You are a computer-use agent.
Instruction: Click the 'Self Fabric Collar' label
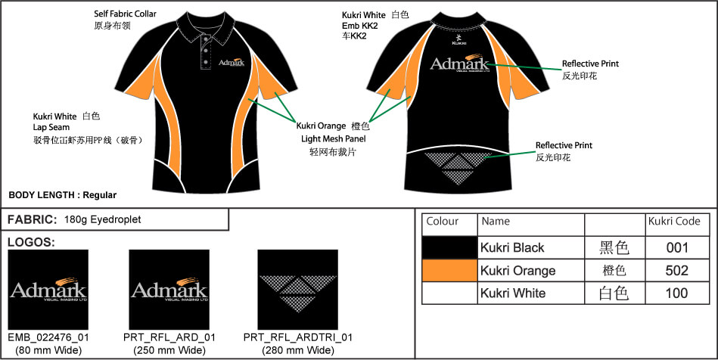pos(124,14)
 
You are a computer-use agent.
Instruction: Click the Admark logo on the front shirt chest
pos(232,65)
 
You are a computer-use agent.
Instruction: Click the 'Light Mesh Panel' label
pos(333,139)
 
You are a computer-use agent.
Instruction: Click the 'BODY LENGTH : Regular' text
pos(63,195)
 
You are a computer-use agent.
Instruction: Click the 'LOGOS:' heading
pos(30,242)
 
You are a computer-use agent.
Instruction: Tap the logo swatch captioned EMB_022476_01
pos(48,290)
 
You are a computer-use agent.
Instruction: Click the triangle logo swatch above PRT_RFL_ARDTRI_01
pos(297,290)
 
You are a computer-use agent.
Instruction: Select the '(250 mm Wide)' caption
pos(169,350)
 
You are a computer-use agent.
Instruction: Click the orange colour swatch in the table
pos(449,271)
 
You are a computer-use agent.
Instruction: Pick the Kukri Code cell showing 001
pos(677,248)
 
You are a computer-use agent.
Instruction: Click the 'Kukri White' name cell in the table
pos(513,293)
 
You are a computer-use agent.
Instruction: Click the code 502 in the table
pos(677,271)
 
